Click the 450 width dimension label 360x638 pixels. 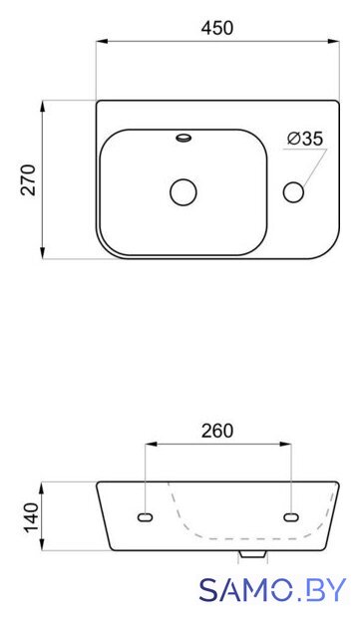coord(217,29)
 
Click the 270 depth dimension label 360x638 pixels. coord(29,179)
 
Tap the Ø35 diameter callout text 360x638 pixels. coord(304,139)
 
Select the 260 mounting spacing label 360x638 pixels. coord(217,431)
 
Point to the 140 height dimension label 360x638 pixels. coord(31,516)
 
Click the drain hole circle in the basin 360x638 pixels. coord(183,192)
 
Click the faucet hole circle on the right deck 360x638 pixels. coord(293,192)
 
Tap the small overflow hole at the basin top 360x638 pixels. coord(183,138)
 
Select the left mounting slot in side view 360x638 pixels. coord(145,517)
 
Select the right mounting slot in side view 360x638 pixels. coord(291,517)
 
